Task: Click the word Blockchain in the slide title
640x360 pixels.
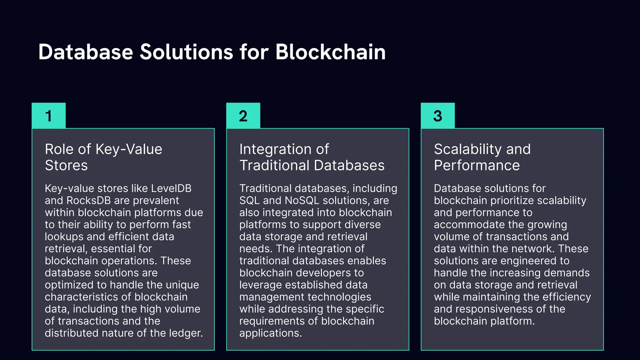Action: tap(330, 52)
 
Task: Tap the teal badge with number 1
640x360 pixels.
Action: tap(49, 116)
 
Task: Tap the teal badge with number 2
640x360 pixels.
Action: tap(243, 116)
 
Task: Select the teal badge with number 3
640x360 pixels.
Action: tap(437, 116)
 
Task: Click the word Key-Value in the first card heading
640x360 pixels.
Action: tap(129, 149)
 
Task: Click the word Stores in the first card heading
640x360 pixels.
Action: tap(66, 165)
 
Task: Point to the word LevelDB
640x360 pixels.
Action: tap(171, 188)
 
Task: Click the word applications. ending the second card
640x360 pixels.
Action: tap(270, 333)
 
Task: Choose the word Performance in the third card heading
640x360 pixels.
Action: tap(477, 165)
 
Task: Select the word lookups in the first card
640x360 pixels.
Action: tap(64, 237)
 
